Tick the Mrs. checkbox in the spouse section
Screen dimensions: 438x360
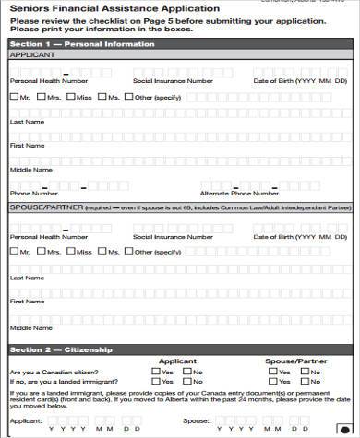click(42, 251)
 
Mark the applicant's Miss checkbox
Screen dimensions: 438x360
click(72, 97)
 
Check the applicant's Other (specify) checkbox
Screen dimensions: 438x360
click(133, 97)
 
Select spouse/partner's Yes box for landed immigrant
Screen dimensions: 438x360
click(274, 381)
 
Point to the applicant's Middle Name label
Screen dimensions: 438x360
click(28, 170)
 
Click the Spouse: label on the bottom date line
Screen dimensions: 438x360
click(196, 420)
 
